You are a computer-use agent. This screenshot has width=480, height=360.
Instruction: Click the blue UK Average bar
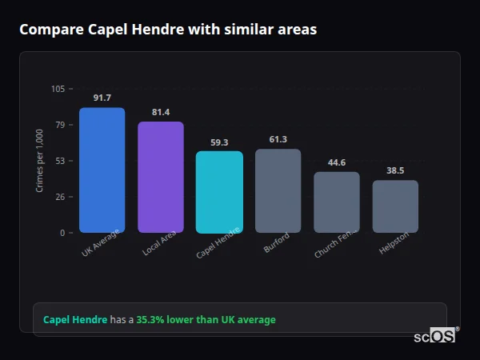click(102, 170)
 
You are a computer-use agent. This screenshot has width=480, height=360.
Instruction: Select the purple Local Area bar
click(161, 178)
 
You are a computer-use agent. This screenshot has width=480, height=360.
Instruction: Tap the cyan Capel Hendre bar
click(219, 192)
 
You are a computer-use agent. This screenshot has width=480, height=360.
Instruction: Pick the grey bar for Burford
click(278, 190)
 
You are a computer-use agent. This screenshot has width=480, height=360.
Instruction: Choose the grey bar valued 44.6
click(337, 202)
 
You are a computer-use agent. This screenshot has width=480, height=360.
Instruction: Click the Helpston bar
click(395, 206)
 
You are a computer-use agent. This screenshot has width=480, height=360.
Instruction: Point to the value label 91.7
click(102, 98)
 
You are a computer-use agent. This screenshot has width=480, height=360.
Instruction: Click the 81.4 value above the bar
click(161, 112)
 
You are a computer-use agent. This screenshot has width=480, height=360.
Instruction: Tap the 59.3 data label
click(219, 142)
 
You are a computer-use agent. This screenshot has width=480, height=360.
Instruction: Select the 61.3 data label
click(278, 139)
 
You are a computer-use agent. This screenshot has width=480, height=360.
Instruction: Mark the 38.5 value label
click(395, 170)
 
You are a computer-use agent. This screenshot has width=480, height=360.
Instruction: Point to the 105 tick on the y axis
click(58, 89)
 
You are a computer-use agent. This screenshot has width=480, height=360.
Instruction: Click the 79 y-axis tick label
click(60, 125)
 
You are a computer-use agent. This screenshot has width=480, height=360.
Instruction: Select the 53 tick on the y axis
click(60, 161)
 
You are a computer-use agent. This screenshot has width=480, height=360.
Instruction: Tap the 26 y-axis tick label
click(60, 197)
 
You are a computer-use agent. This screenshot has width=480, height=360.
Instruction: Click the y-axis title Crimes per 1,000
click(40, 161)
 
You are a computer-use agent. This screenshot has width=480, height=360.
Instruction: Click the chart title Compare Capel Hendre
click(168, 30)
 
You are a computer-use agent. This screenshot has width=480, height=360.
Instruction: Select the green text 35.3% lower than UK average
click(206, 319)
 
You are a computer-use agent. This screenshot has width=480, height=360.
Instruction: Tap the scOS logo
click(434, 336)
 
